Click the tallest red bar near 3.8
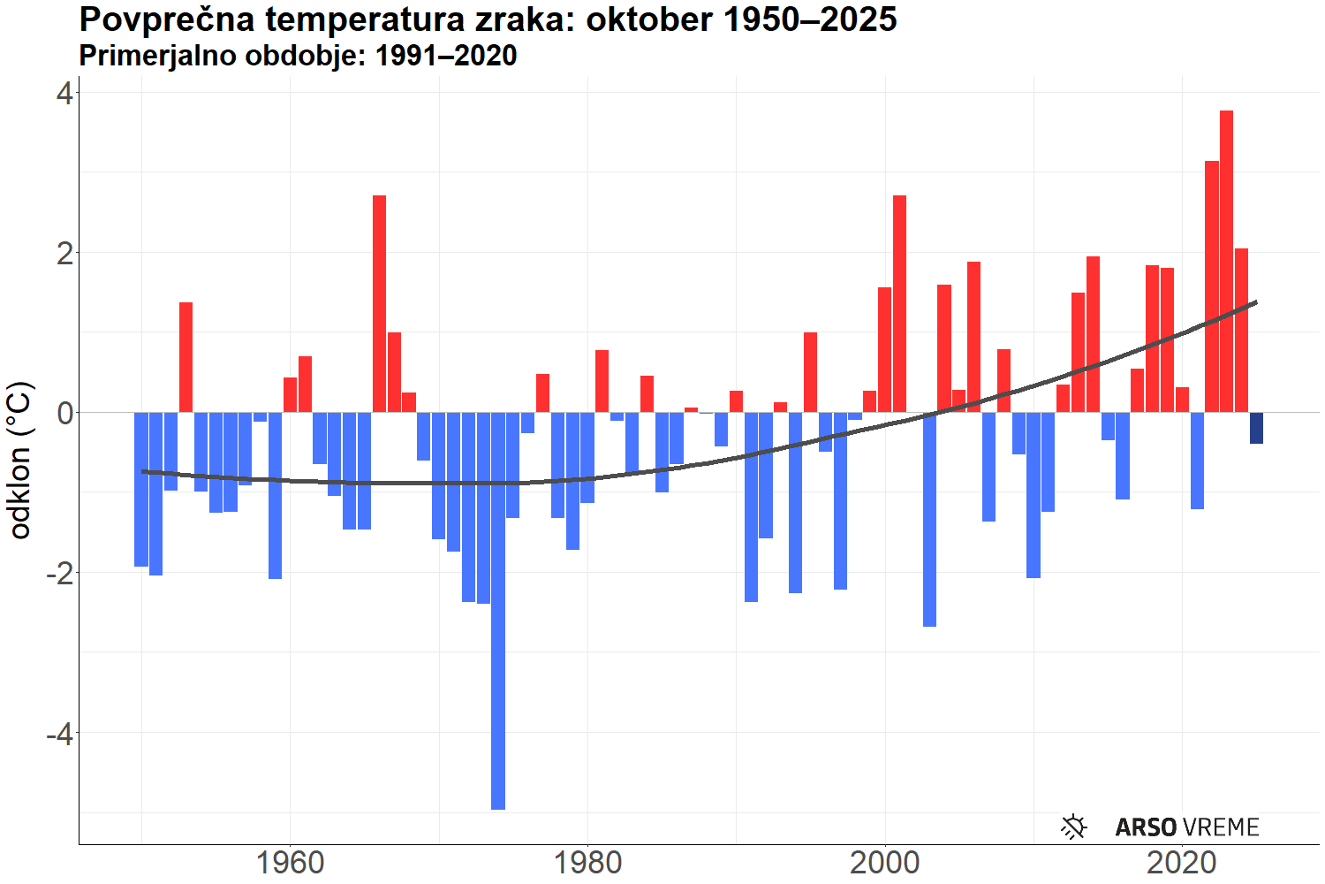pyautogui.click(x=1226, y=261)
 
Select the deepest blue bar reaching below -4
pyautogui.click(x=498, y=610)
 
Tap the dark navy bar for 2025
pyautogui.click(x=1256, y=428)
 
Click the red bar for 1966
pyautogui.click(x=379, y=303)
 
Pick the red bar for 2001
pyautogui.click(x=899, y=303)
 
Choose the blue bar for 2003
pyautogui.click(x=929, y=519)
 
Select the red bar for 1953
pyautogui.click(x=185, y=357)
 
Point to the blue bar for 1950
pyautogui.click(x=141, y=489)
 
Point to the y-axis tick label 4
pyautogui.click(x=64, y=93)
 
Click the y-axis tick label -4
pyautogui.click(x=58, y=733)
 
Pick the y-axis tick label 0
pyautogui.click(x=64, y=413)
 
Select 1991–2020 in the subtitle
pyautogui.click(x=445, y=56)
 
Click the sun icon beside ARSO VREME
pyautogui.click(x=1073, y=827)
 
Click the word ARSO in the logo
pyautogui.click(x=1146, y=827)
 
